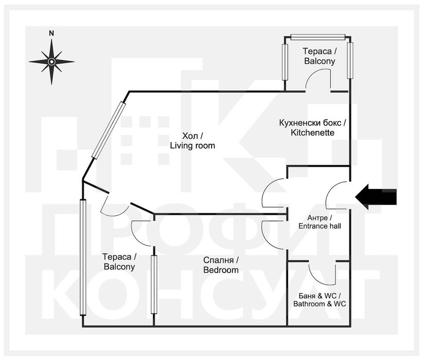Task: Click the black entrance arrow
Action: pyautogui.click(x=376, y=197)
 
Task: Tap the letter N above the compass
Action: pyautogui.click(x=51, y=33)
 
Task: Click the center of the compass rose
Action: pyautogui.click(x=51, y=62)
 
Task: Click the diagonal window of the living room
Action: pyautogui.click(x=109, y=130)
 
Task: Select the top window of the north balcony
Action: pyautogui.click(x=318, y=37)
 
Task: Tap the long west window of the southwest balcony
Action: pyautogui.click(x=83, y=258)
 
